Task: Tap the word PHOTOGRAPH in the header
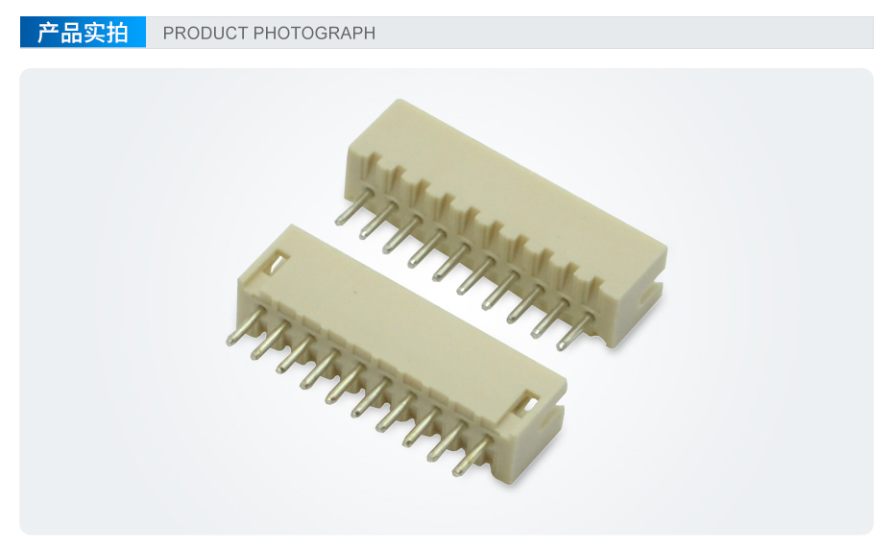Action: (314, 33)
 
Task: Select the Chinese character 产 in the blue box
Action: (48, 33)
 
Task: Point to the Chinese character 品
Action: (71, 33)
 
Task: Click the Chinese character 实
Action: (94, 33)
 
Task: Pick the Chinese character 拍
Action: (117, 33)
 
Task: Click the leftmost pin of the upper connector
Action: (354, 206)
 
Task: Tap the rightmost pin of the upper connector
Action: (575, 331)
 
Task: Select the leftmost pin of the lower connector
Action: (246, 326)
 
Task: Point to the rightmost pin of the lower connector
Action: (471, 456)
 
